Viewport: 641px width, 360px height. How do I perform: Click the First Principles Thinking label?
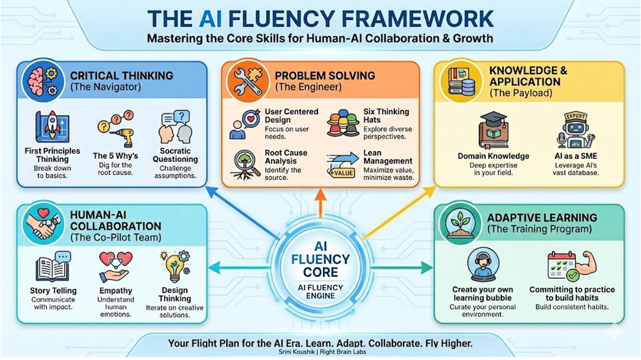click(57, 156)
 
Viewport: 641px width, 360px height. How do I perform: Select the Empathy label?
click(116, 291)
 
